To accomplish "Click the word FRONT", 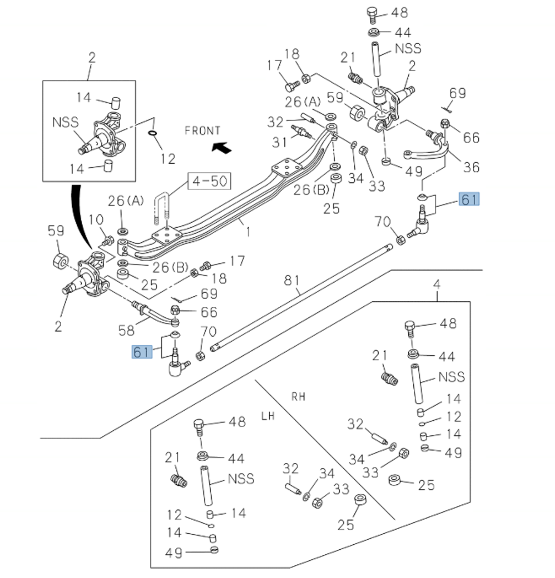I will [202, 131].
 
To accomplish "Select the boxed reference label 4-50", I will [210, 181].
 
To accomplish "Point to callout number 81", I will [292, 280].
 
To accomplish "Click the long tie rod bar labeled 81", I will [304, 295].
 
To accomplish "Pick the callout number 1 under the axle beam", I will [248, 232].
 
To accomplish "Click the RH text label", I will [299, 397].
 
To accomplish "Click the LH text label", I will [268, 416].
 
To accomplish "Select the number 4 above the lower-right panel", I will [436, 285].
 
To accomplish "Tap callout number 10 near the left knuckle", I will [96, 219].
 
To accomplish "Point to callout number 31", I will [279, 142].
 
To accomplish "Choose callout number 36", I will [471, 167].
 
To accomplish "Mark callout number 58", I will [127, 330].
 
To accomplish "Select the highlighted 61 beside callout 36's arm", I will [469, 199].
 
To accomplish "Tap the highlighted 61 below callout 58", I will [142, 351].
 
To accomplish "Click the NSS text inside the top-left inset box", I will [65, 122].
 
